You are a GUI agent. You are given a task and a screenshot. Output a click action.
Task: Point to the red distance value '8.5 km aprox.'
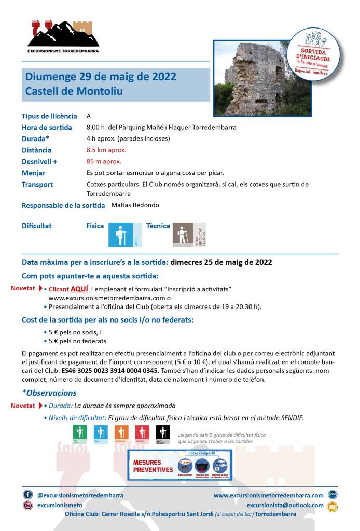106,150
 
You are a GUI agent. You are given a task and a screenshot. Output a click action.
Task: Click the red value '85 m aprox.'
104,161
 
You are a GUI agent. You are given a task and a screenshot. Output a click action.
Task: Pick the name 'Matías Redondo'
135,205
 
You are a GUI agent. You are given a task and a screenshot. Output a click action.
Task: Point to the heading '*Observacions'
49,393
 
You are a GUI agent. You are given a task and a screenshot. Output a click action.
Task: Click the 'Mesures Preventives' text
153,466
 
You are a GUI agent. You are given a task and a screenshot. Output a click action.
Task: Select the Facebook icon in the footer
27,495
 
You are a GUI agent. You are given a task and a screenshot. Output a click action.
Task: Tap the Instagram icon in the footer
27,505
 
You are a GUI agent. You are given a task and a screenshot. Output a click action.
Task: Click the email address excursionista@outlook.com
285,505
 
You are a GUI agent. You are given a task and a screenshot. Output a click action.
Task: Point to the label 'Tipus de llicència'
49,116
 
